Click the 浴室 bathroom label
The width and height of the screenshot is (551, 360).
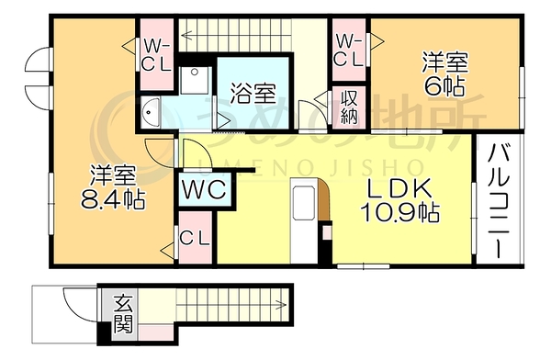pos(253,94)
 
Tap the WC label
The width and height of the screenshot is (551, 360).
pos(205,190)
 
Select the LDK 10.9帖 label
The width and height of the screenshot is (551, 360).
pos(399,201)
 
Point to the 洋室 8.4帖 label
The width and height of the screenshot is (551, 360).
pos(113,187)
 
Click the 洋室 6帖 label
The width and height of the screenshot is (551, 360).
pos(445,74)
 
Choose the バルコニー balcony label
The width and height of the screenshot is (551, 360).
pos(500,201)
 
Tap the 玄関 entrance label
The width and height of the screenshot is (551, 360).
pos(124,314)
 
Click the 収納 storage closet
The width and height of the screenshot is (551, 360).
pos(349,107)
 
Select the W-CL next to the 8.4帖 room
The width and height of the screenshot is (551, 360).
pos(157,55)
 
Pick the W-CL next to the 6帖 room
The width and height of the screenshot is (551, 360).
pos(349,50)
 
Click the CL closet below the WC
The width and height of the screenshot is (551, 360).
pos(195,238)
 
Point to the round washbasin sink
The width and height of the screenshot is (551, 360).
pos(152,112)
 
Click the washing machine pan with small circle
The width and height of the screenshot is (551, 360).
pos(194,80)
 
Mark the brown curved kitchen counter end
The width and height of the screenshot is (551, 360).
pos(324,199)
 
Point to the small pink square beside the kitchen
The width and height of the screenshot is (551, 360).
pos(327,232)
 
